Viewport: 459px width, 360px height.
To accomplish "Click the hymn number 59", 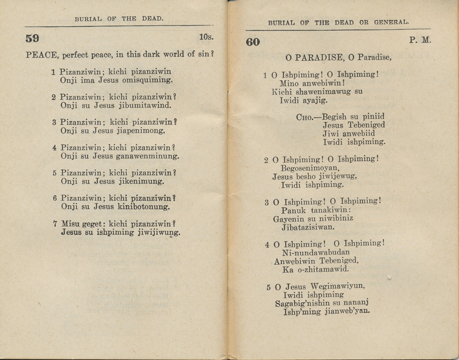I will [32, 38].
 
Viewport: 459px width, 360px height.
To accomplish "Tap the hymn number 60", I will [252, 42].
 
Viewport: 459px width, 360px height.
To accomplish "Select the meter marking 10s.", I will [206, 38].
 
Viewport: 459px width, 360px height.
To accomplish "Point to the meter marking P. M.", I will [420, 40].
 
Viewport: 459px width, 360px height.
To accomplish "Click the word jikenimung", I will [140, 181].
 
